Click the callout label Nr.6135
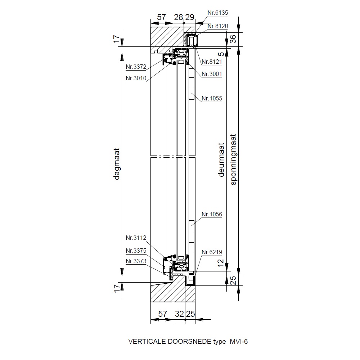point(218,13)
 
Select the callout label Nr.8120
point(218,26)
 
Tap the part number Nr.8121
point(212,62)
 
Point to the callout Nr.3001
point(212,74)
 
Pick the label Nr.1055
point(212,99)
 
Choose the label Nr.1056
point(212,215)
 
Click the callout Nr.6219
point(212,252)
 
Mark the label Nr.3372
point(136,67)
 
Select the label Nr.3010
point(136,78)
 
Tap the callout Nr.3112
point(136,238)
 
